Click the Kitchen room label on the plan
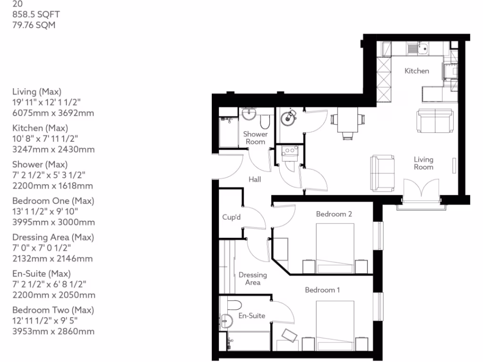click(417, 71)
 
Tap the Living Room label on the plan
click(423, 163)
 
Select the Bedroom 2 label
click(334, 214)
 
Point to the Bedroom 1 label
click(322, 290)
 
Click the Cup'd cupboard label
click(232, 217)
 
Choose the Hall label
click(255, 179)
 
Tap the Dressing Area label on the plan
click(252, 279)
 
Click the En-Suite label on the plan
click(251, 315)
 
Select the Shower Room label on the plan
click(255, 138)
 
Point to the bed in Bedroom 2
click(334, 248)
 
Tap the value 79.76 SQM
click(33, 25)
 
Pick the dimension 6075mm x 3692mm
click(53, 113)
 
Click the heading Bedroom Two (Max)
click(53, 310)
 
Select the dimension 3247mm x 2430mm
click(53, 149)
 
